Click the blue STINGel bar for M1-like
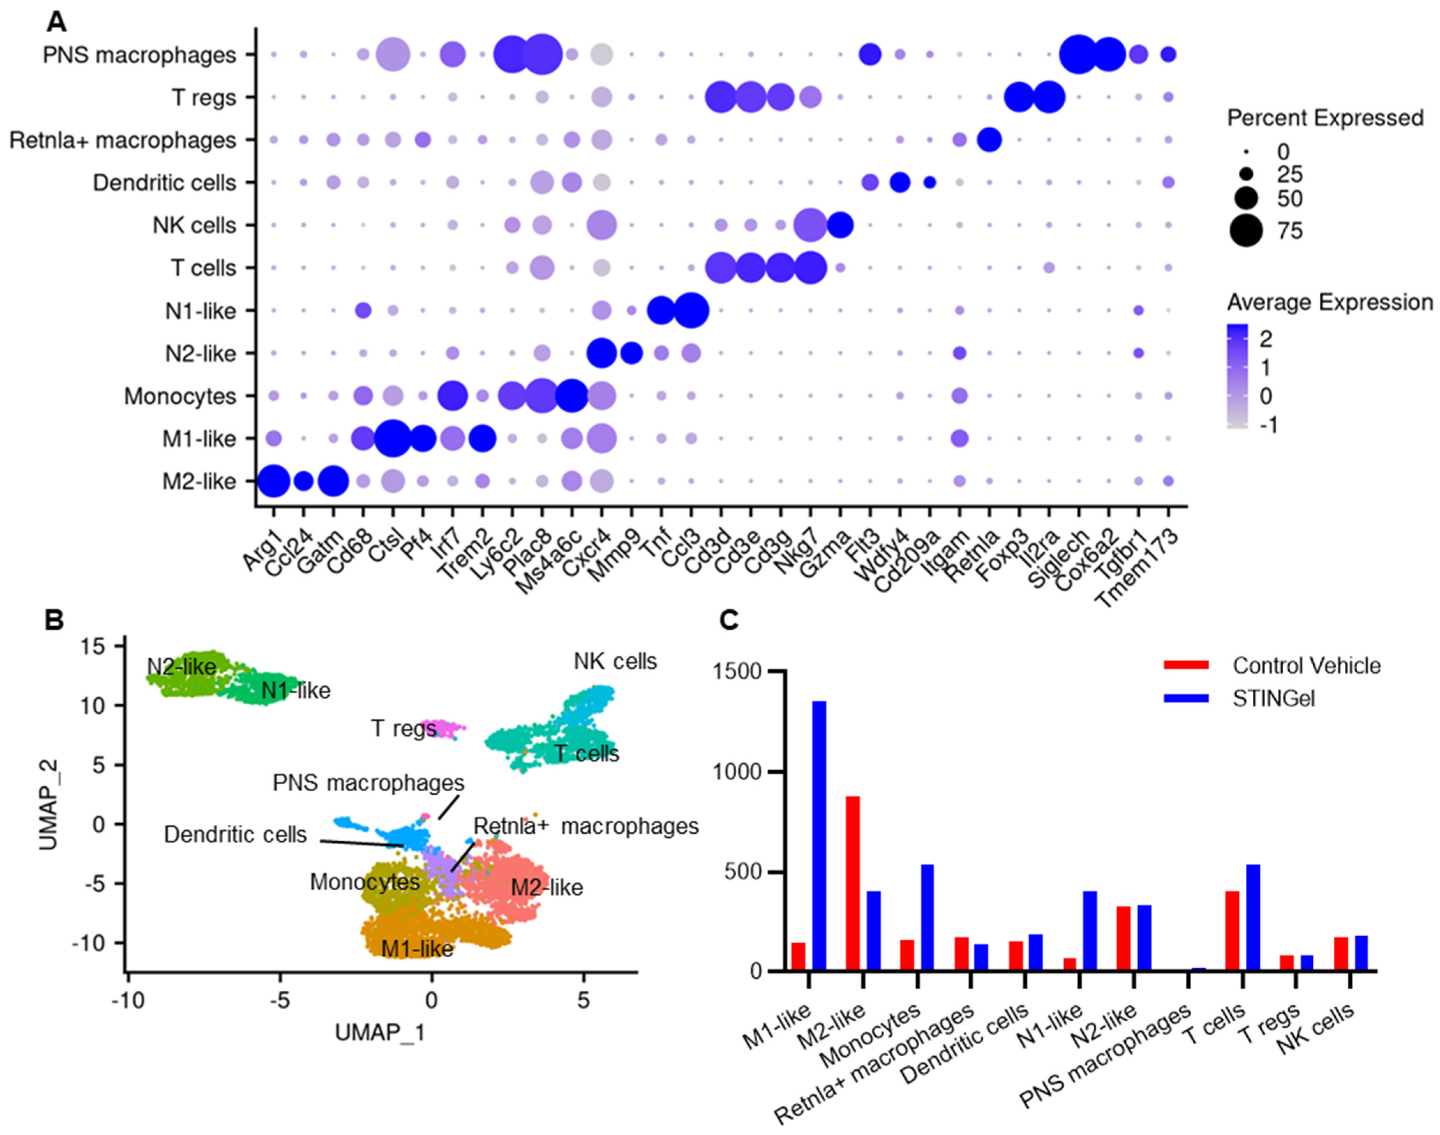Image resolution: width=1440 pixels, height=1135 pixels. [819, 835]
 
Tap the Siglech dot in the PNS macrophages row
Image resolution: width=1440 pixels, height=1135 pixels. [1078, 54]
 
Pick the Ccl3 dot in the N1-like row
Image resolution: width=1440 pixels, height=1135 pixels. [691, 310]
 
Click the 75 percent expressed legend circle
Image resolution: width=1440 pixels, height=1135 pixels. [1246, 230]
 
